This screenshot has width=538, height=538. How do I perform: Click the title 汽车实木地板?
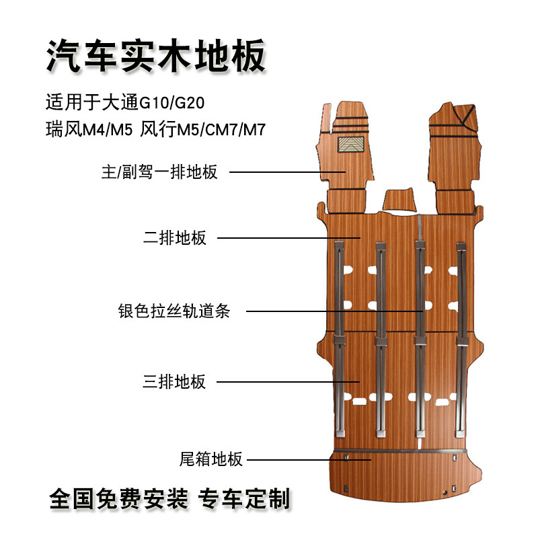click(x=156, y=56)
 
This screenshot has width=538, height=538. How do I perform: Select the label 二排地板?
click(x=175, y=238)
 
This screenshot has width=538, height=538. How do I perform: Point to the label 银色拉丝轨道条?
click(x=174, y=312)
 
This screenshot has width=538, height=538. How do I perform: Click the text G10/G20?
click(x=171, y=103)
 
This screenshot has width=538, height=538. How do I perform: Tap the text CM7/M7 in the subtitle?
click(x=232, y=128)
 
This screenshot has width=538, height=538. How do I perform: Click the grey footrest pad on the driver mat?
click(x=351, y=143)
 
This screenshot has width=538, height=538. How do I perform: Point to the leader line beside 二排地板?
click(x=290, y=237)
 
